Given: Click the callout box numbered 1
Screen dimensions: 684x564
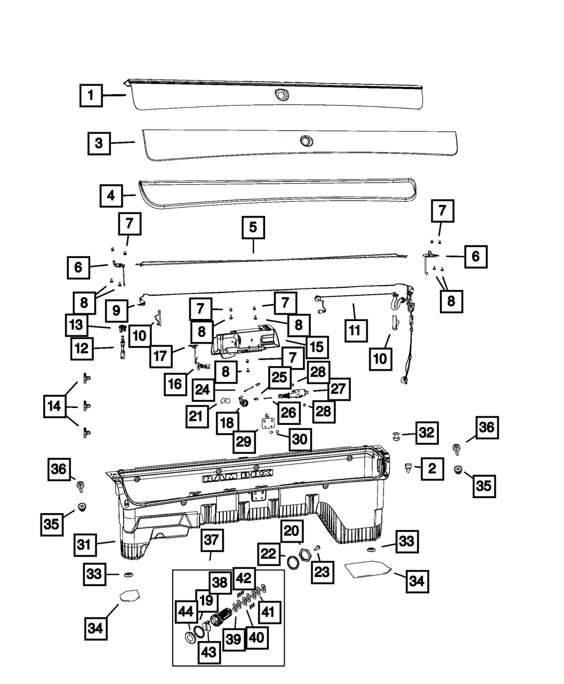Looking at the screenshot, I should pyautogui.click(x=91, y=95).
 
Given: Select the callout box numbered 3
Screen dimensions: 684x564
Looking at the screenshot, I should pyautogui.click(x=99, y=143).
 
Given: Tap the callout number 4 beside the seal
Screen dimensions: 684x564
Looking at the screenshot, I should pyautogui.click(x=111, y=196).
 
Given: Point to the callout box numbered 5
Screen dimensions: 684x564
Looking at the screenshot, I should pyautogui.click(x=253, y=228).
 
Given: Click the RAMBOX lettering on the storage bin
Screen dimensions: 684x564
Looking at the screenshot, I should pyautogui.click(x=237, y=477).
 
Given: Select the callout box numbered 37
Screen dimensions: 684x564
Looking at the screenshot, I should pyautogui.click(x=210, y=540).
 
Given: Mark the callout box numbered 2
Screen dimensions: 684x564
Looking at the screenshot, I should pyautogui.click(x=431, y=468).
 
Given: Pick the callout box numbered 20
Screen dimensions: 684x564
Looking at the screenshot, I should pyautogui.click(x=293, y=531).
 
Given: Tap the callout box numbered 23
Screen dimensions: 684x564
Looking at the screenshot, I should pyautogui.click(x=321, y=572).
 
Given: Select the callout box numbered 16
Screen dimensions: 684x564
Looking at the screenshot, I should pyautogui.click(x=175, y=384).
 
